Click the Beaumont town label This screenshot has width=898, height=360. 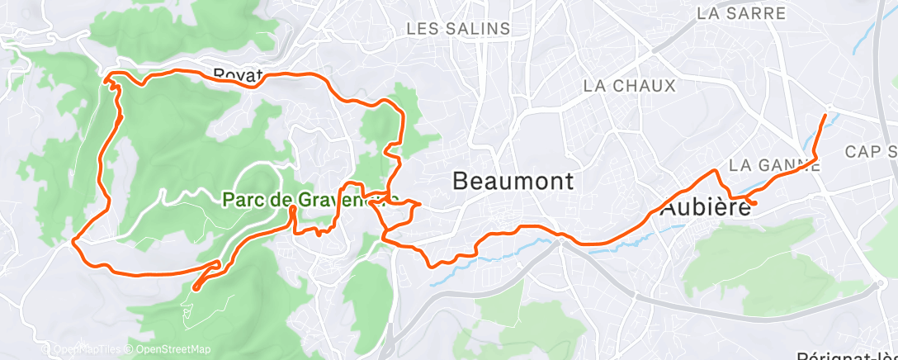tap(513, 181)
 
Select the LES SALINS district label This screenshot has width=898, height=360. tap(458, 29)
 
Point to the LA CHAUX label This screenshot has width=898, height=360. tap(629, 86)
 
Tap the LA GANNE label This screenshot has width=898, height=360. tap(775, 165)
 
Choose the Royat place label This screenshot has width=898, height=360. tap(237, 75)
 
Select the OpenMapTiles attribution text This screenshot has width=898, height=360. tap(83, 349)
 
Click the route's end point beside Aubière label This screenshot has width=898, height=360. tap(754, 203)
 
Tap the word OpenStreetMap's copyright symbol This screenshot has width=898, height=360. tap(130, 349)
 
